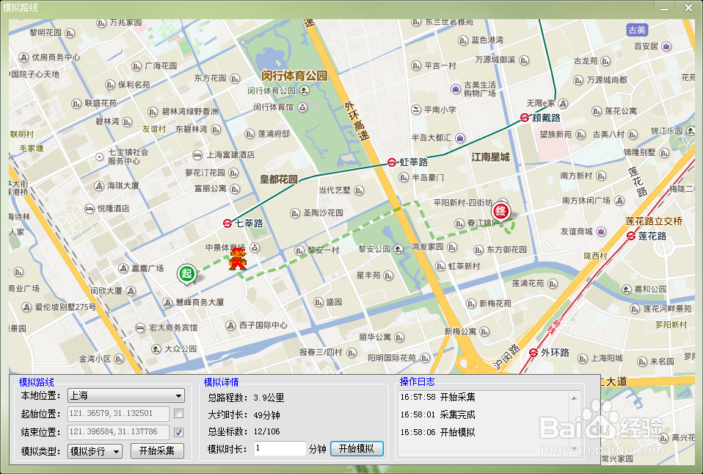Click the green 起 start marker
coord(187,274)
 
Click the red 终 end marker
coord(503,209)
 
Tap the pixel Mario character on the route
coord(237,259)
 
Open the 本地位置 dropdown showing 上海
coord(125,395)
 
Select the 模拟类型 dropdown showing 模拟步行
coord(95,451)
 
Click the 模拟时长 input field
coord(280,448)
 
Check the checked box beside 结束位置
coord(178,432)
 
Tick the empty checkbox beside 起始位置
coord(178,414)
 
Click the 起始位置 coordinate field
coord(117,414)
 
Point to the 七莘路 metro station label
coord(249,223)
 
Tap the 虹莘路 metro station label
coord(413,162)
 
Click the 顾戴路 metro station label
coord(546,118)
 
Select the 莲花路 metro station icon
coord(632,236)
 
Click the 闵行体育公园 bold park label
coord(294,76)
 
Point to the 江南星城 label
coord(490,157)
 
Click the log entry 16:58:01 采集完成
coord(437,414)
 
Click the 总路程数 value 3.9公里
coord(269,398)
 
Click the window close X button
coord(687,7)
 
